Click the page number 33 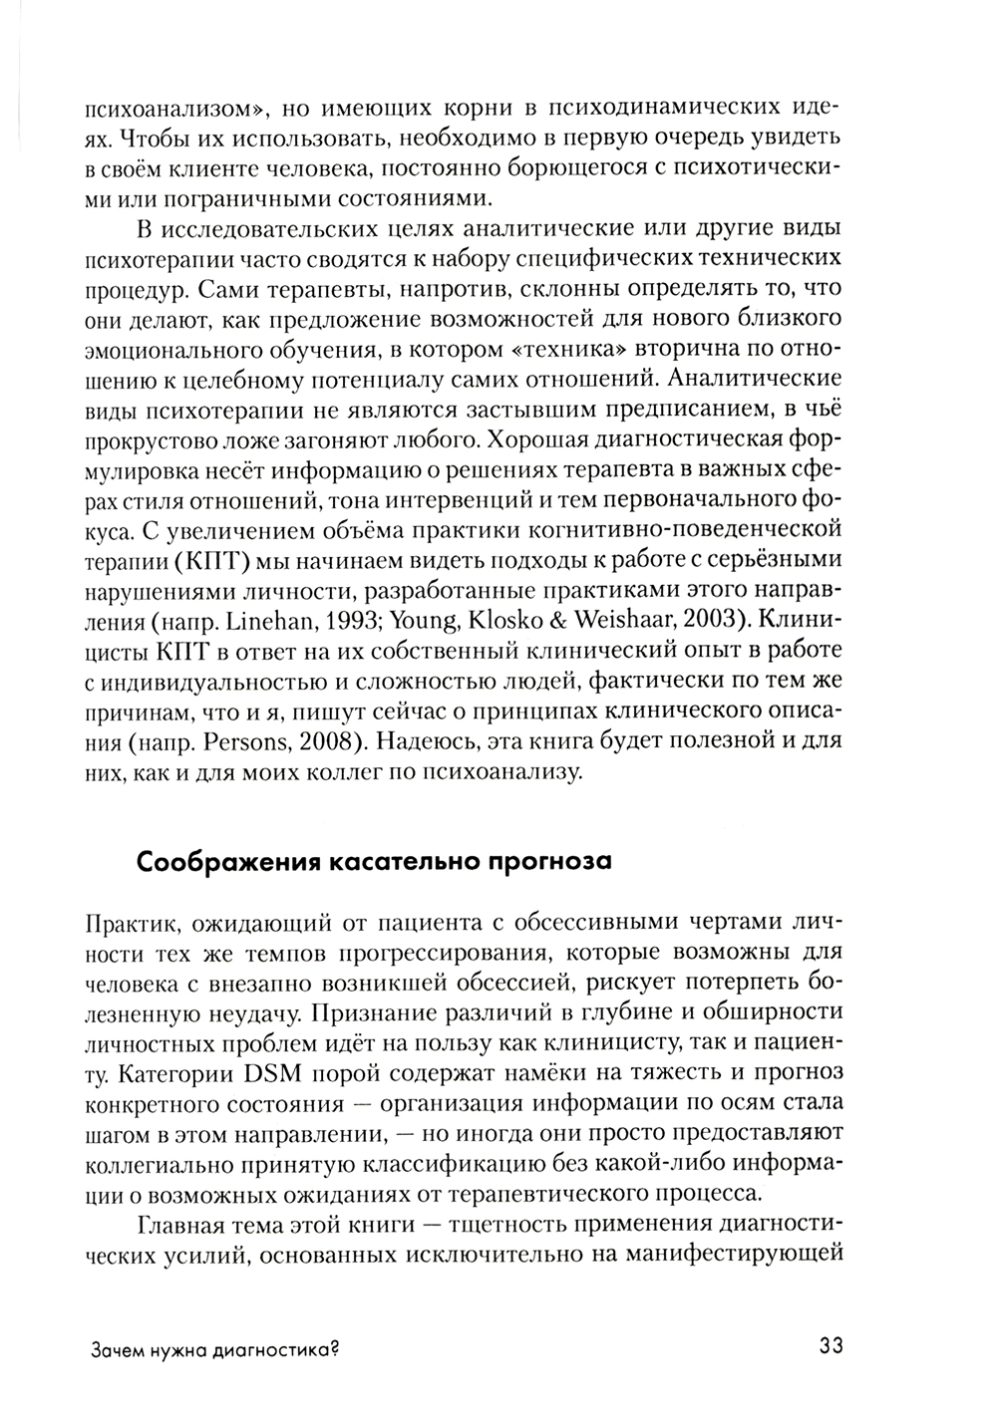831,1346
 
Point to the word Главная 188,1226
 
